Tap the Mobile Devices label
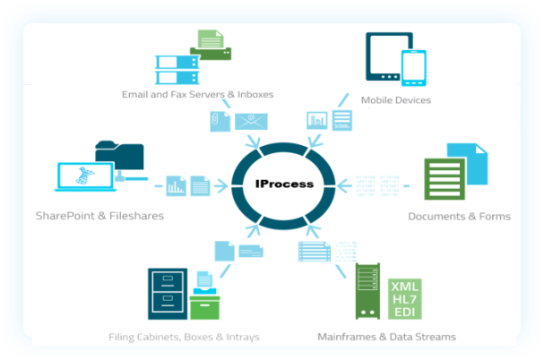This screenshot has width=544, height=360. [395, 100]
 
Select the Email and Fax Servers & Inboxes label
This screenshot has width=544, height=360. [197, 93]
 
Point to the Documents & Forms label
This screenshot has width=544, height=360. [459, 216]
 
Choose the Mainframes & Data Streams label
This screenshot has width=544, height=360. [386, 337]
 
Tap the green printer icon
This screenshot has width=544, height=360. [211, 46]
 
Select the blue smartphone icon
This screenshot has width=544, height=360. [413, 67]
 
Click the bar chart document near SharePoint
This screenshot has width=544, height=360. [176, 185]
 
